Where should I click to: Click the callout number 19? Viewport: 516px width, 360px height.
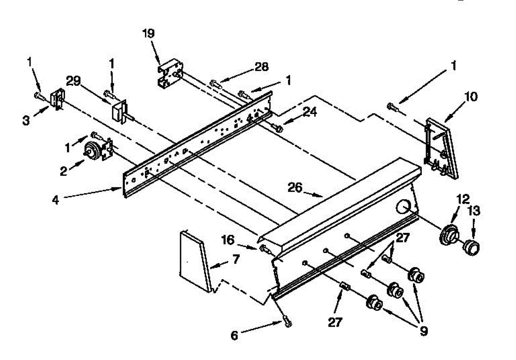tap(150, 34)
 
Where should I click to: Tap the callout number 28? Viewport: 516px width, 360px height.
tap(261, 67)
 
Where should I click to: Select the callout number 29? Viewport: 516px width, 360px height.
tap(74, 80)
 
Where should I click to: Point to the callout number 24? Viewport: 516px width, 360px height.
tap(310, 112)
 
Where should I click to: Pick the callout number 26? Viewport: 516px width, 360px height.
tap(296, 188)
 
